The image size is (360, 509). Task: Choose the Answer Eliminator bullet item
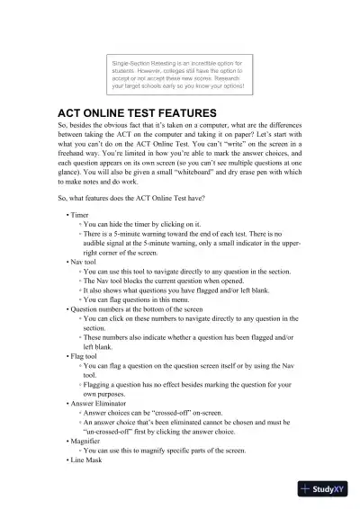click(x=103, y=404)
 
